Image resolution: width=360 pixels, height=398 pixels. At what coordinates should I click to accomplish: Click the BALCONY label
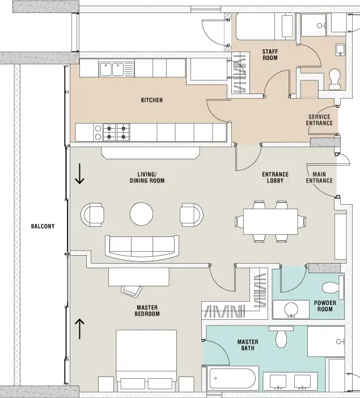click(43, 226)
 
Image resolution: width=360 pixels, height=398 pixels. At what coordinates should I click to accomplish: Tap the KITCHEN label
click(152, 100)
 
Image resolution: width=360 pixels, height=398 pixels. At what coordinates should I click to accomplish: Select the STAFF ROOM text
click(270, 55)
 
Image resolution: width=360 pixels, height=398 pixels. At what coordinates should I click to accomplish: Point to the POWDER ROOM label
click(325, 306)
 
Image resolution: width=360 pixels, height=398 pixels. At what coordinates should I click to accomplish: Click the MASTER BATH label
click(248, 345)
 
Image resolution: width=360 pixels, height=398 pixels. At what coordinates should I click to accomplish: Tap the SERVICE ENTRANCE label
click(319, 120)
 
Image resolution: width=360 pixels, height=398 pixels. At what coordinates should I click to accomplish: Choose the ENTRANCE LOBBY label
click(275, 177)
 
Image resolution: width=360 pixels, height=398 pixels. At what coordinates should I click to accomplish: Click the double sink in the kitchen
click(116, 69)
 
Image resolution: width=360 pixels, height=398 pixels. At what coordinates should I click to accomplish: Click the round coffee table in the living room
click(141, 214)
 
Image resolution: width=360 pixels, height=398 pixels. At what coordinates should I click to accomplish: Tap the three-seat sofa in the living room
click(142, 248)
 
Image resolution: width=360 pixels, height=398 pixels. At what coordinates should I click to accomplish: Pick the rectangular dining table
click(270, 222)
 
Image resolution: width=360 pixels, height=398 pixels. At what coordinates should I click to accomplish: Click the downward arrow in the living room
click(79, 173)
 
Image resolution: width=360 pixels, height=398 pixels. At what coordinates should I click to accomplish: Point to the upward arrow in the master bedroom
click(79, 329)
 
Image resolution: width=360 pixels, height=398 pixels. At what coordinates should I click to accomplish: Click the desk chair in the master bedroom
click(132, 291)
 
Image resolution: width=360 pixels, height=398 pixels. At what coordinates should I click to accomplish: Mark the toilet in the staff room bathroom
click(335, 79)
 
